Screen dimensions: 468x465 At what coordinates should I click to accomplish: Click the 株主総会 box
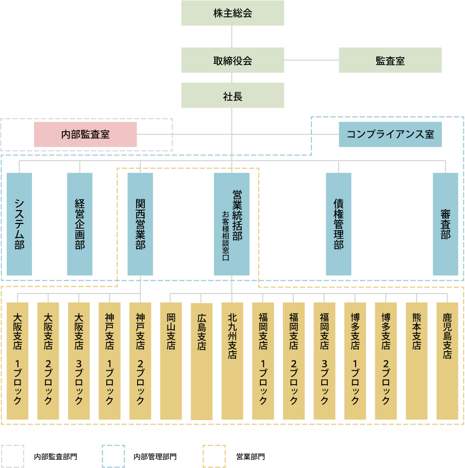(232, 13)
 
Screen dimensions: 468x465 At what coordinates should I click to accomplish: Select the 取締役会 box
(232, 60)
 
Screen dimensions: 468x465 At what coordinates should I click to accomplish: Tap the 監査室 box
(390, 60)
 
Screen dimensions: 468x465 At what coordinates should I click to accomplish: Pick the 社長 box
(232, 95)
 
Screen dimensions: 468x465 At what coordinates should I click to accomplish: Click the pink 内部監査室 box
(86, 134)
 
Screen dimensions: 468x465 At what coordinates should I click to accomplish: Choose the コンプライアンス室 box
(390, 134)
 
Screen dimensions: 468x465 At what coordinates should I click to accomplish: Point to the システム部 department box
(20, 224)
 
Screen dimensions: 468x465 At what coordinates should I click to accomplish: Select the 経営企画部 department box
(80, 224)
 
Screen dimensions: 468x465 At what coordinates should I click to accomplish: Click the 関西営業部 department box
(140, 224)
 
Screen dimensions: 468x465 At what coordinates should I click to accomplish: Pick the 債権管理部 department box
(339, 224)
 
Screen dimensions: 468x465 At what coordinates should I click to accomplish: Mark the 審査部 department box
(445, 224)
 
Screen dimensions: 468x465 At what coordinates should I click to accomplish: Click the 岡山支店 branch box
(171, 360)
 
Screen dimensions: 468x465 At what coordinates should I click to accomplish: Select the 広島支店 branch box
(202, 360)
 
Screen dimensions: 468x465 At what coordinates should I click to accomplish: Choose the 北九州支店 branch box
(232, 360)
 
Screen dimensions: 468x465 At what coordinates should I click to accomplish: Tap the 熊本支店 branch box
(417, 360)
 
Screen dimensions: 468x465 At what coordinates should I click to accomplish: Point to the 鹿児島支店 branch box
(447, 360)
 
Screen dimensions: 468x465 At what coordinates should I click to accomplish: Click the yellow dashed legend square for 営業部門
(215, 456)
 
